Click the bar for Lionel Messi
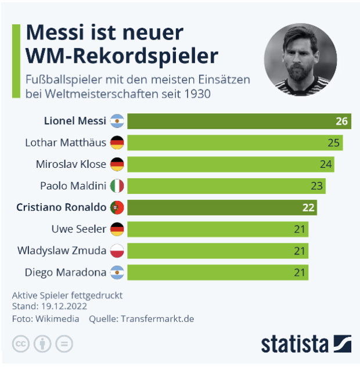(238, 121)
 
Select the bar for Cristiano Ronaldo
(221, 207)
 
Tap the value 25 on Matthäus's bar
(333, 143)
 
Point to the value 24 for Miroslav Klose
(325, 164)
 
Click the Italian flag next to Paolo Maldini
(117, 186)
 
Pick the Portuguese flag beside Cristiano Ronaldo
(117, 207)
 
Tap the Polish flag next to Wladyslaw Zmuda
(117, 251)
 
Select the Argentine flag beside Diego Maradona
(117, 272)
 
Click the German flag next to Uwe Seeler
(117, 229)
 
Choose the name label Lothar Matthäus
(66, 143)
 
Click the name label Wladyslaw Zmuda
(62, 251)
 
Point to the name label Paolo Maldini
(73, 186)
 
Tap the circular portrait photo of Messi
(300, 60)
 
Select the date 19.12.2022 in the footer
(63, 306)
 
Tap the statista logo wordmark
(294, 343)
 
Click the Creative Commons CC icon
(21, 344)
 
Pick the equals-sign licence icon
(64, 344)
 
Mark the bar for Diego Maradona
(218, 272)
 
